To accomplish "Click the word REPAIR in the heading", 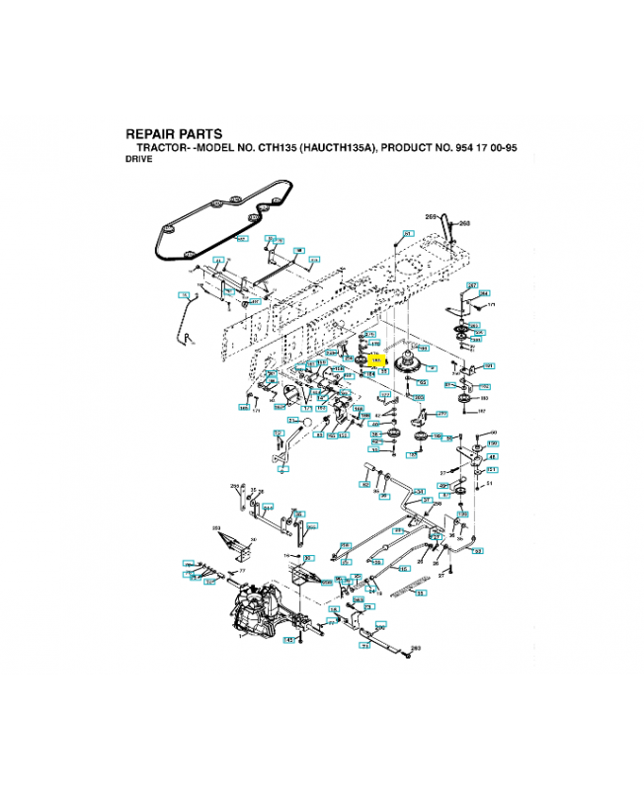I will [149, 134].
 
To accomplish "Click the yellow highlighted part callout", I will [373, 361].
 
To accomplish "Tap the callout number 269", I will [431, 216].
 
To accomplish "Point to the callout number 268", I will [464, 223].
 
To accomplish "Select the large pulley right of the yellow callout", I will [406, 365].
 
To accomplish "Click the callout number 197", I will [481, 411].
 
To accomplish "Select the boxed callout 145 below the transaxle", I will [290, 641].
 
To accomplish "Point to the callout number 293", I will [416, 649].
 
